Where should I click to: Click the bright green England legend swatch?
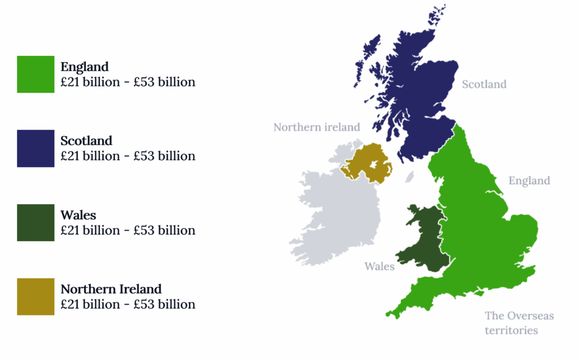[x=36, y=74]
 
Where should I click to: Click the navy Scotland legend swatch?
[x=36, y=149]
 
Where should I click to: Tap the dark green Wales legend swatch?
[x=36, y=223]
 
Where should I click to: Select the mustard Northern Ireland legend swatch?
[x=36, y=297]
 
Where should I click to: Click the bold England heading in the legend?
[x=84, y=67]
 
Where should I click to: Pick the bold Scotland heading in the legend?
[x=87, y=141]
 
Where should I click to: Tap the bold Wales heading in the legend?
[x=78, y=215]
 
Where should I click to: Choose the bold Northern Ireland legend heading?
[x=111, y=289]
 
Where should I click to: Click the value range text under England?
[x=128, y=82]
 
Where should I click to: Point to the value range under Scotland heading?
[x=128, y=156]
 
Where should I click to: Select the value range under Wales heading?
[x=128, y=231]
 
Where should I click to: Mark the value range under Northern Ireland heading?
[x=128, y=305]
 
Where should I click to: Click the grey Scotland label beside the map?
[x=484, y=85]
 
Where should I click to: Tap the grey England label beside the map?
[x=529, y=181]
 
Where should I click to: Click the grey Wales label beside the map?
[x=379, y=266]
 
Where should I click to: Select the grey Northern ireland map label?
[x=317, y=127]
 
